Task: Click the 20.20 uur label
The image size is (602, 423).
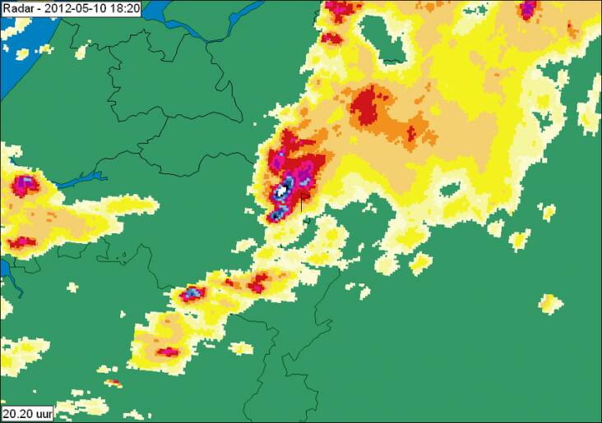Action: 27,413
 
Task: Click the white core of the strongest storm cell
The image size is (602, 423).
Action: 281,191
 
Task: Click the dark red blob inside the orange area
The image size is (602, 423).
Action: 368,106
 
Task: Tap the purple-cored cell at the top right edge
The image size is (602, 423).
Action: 528,9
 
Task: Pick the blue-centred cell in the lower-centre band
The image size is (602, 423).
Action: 192,292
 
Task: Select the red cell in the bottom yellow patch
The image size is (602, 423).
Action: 168,352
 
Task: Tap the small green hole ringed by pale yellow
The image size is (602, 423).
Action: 451,191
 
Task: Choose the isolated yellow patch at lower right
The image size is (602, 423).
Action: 550,303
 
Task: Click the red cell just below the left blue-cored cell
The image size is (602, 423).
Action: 21,242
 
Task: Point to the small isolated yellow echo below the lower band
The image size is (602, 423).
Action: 242,348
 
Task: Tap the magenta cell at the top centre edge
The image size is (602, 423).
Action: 339,10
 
